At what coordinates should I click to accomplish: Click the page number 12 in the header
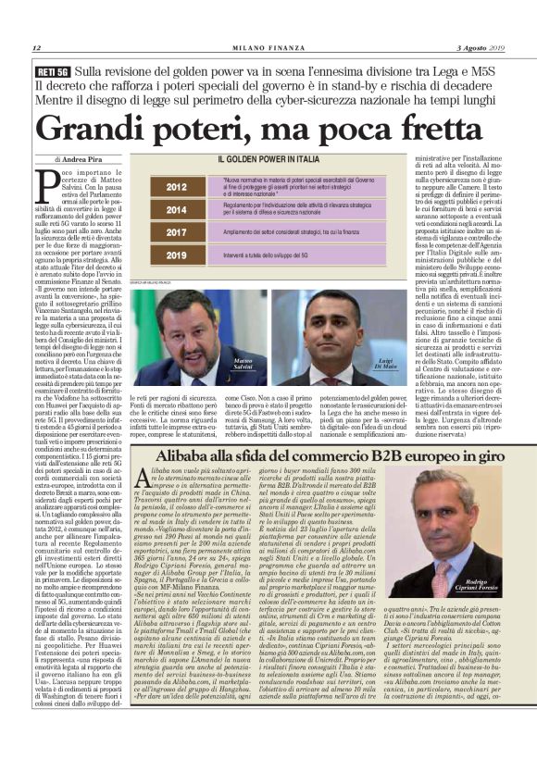36,47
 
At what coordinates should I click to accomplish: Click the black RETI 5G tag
53,70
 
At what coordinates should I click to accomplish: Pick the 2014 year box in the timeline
176,210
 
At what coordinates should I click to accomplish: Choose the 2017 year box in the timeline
176,231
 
